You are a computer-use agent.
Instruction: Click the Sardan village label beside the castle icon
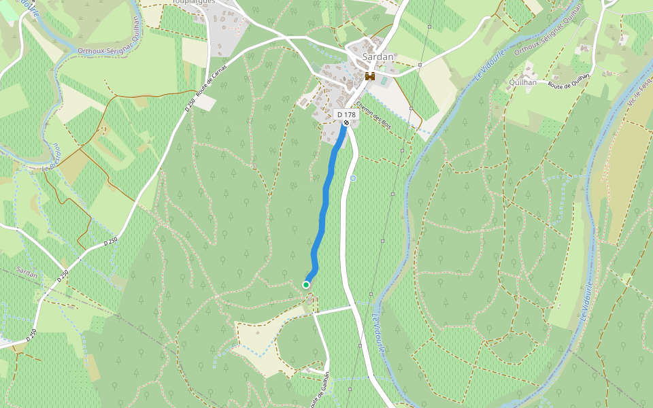click(378, 57)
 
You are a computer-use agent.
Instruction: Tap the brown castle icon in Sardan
click(370, 76)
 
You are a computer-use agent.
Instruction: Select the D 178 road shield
click(346, 115)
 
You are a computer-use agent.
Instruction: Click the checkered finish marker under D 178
click(346, 124)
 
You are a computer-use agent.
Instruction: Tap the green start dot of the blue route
click(306, 284)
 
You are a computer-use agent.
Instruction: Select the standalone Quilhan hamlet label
click(522, 82)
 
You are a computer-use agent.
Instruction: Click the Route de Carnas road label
click(212, 87)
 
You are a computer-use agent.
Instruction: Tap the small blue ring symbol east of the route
click(353, 178)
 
